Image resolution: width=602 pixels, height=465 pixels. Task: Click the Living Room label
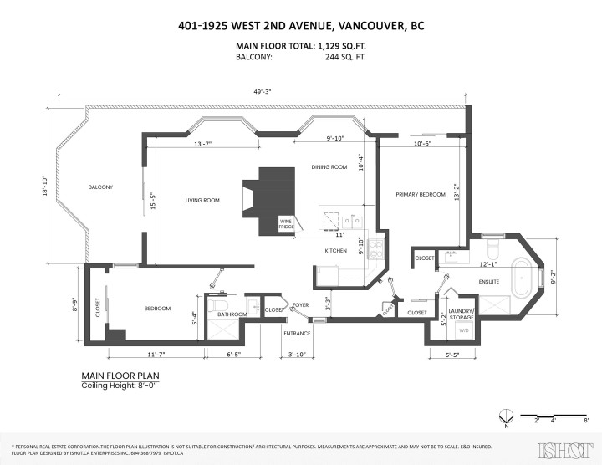pos(202,201)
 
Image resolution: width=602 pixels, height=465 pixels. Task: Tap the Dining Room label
pos(329,167)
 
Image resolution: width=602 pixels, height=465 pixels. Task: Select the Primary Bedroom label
pos(421,194)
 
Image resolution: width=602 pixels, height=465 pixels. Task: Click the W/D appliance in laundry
pos(462,330)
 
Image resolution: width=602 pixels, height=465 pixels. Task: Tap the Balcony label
pos(100,187)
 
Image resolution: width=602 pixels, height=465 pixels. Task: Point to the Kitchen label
pos(335,251)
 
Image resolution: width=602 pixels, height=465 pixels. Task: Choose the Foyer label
pos(300,305)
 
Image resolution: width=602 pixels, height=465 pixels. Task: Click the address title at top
pos(301,26)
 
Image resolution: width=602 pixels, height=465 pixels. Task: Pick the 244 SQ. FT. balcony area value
pos(345,58)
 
